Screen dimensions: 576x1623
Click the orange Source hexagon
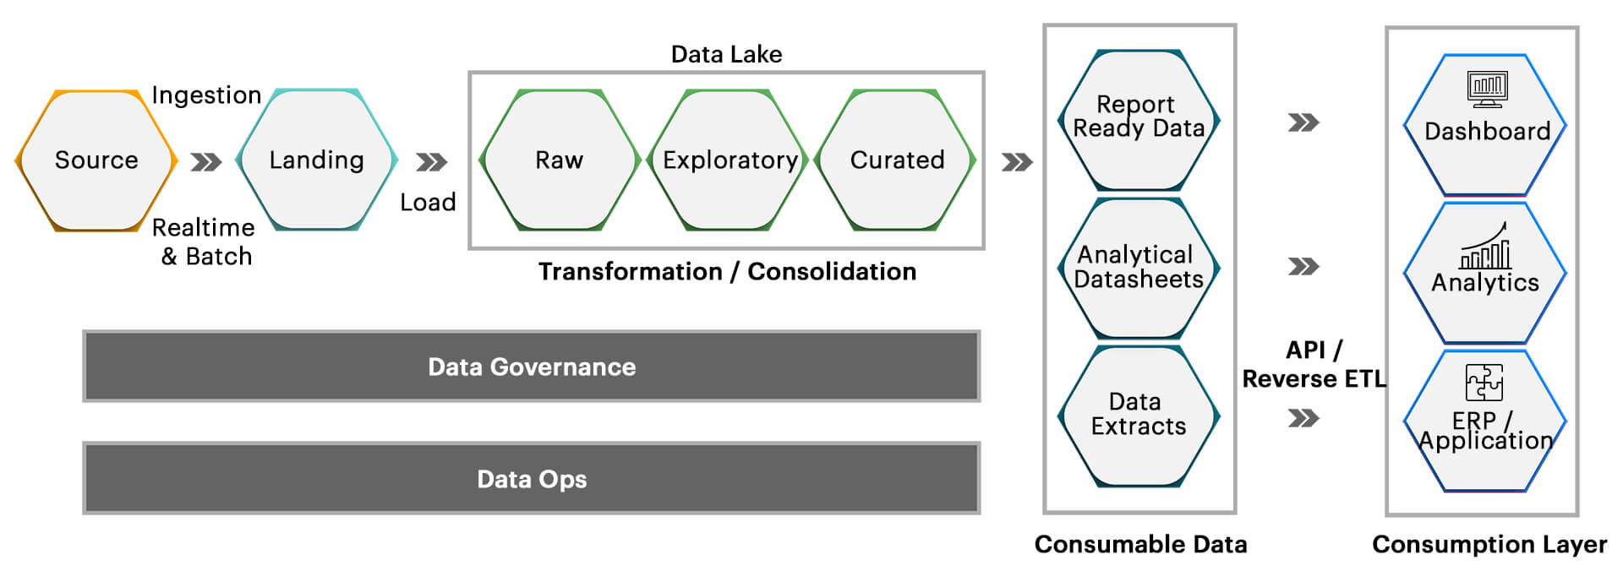[96, 160]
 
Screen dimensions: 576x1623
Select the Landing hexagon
[317, 160]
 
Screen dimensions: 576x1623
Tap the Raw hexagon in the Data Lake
[559, 160]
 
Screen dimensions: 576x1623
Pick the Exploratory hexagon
[730, 160]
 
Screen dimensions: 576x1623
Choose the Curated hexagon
[897, 160]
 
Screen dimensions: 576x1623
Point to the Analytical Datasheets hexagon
[1139, 268]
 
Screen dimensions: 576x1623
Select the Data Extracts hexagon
[1139, 415]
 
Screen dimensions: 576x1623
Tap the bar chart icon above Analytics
[1486, 247]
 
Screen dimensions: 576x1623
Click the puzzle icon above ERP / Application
[1484, 383]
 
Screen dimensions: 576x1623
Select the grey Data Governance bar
[532, 367]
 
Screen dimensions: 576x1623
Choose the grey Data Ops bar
[532, 479]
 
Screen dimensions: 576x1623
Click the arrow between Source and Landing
[206, 161]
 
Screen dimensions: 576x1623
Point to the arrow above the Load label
[431, 161]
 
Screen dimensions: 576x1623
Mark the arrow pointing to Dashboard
[1303, 123]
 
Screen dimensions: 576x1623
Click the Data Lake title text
[726, 55]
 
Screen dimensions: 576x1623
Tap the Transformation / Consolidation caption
[727, 272]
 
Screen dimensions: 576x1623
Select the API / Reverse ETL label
[1314, 365]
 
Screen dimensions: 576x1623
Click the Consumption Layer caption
[1489, 545]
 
